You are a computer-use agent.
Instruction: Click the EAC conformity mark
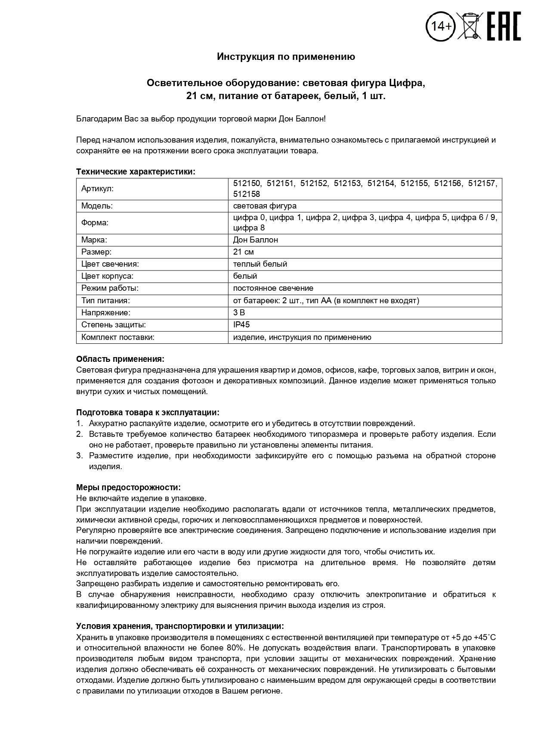point(503,26)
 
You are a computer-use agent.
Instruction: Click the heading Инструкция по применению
point(286,56)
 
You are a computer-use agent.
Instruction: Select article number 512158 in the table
point(247,194)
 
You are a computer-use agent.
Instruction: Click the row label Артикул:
point(98,189)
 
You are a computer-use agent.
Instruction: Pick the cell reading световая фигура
point(265,206)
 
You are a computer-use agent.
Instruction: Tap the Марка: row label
point(94,240)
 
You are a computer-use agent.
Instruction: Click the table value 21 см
point(243,252)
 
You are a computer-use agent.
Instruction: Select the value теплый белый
point(260,264)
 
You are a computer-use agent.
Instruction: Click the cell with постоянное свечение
point(273,288)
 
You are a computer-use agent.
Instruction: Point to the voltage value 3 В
point(239,313)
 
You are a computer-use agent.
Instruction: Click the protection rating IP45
point(241,325)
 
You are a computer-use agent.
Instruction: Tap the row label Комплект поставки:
point(117,337)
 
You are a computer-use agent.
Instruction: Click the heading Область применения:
point(120,359)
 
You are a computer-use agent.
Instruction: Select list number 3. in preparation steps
point(79,456)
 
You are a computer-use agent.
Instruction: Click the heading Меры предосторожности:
point(128,487)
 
